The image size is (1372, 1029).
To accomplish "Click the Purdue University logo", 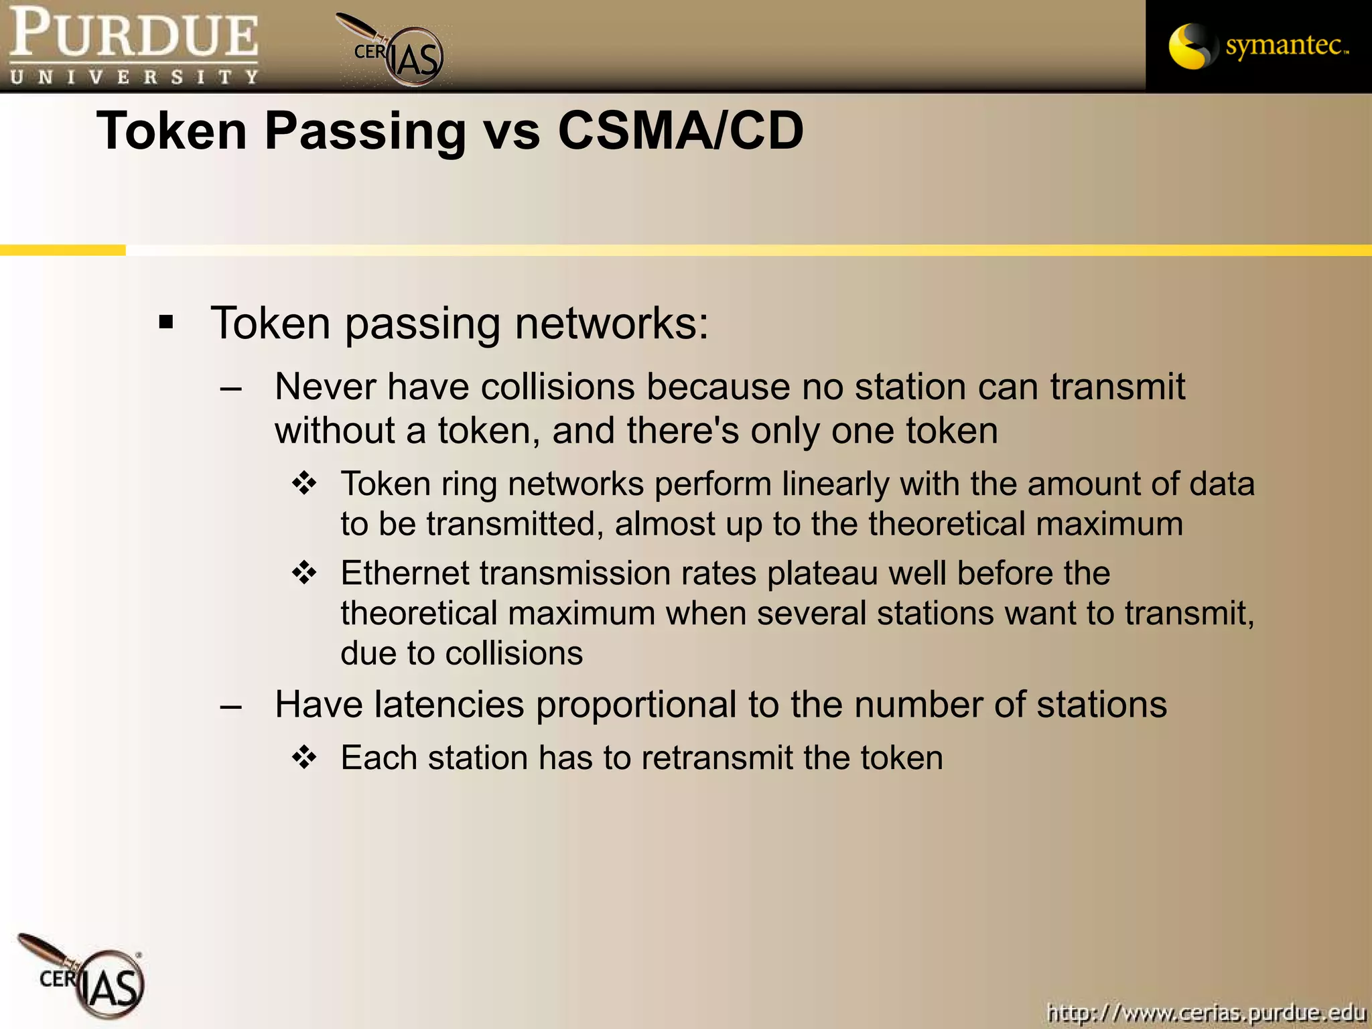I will coord(133,46).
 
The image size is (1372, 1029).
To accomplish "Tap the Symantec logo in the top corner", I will coord(1258,46).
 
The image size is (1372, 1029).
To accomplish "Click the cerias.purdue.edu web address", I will coord(1206,1012).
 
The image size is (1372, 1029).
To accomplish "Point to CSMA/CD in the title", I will coord(680,131).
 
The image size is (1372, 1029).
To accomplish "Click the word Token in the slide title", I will coord(172,131).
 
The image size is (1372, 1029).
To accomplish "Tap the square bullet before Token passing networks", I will coord(166,323).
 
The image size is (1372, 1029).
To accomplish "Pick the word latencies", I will coord(449,705).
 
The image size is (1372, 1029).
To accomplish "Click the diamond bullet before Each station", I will coord(304,758).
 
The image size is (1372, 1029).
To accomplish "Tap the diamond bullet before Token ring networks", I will coord(304,484).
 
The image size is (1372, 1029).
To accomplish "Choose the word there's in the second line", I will coord(683,431).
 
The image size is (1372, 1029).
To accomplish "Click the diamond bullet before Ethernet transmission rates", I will coord(304,573).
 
